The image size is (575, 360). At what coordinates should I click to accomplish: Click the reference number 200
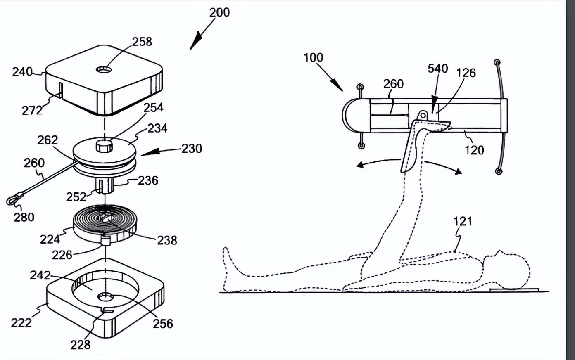[x=219, y=12]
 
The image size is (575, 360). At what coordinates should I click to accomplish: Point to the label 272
[x=32, y=110]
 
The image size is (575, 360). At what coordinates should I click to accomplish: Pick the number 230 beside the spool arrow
[x=192, y=148]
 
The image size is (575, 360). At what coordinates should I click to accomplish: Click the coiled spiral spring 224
[x=104, y=221]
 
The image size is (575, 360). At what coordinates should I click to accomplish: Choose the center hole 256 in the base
[x=106, y=297]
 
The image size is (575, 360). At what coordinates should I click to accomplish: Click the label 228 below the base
[x=80, y=344]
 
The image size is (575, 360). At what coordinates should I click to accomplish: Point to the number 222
[x=21, y=322]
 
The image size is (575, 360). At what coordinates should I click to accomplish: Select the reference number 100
[x=313, y=57]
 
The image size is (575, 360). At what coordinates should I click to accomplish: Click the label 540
[x=437, y=68]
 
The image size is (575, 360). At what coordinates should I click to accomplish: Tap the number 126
[x=466, y=73]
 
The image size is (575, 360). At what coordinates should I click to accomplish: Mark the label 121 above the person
[x=462, y=221]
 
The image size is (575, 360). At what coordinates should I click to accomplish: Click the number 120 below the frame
[x=474, y=149]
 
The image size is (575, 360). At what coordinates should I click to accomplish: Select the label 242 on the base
[x=40, y=275]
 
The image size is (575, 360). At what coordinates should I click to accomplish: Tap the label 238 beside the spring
[x=167, y=240]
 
